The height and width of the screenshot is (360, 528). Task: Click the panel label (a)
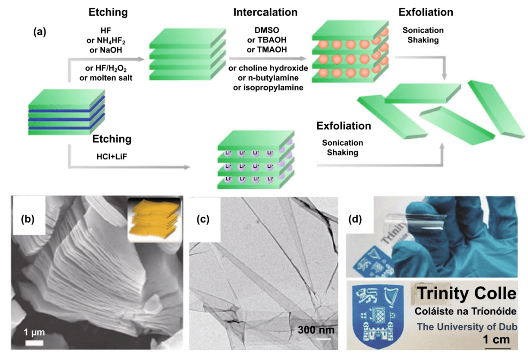pos(40,33)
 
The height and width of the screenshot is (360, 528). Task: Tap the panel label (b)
pos(28,219)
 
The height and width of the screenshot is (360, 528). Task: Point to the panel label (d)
pos(355,219)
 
